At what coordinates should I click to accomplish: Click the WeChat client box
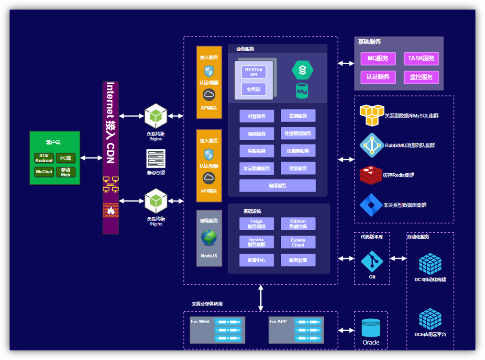pos(44,172)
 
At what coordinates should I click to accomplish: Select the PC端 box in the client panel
pos(66,158)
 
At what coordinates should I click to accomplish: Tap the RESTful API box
pos(254,72)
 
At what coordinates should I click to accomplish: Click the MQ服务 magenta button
pos(378,58)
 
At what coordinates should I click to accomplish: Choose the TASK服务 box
pos(421,58)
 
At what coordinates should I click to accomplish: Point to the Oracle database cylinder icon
pos(371,328)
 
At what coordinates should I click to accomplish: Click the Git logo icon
pos(372,261)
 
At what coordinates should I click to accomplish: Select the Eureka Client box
pos(298,242)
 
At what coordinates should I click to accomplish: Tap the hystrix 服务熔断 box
pos(256,242)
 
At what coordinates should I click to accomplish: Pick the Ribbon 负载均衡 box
pos(298,224)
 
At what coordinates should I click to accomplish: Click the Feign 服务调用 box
pos(256,224)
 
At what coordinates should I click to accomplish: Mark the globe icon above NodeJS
pos(209,237)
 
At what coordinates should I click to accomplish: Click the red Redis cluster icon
pos(371,175)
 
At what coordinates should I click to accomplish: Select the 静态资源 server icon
pos(156,159)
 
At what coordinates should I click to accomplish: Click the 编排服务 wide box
pos(277,186)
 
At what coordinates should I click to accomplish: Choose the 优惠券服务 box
pos(298,151)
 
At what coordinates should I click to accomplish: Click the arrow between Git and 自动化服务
pos(398,259)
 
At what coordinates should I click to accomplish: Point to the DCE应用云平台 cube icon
pos(430,319)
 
